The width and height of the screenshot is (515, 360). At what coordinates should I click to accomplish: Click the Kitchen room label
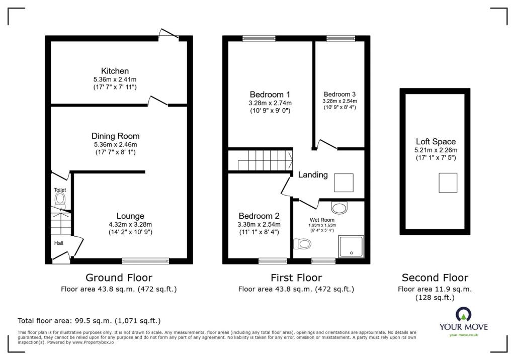pos(115,71)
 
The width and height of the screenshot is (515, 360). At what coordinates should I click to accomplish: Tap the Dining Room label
pos(115,136)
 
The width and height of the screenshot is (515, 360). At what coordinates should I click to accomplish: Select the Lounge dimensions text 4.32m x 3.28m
pos(130,225)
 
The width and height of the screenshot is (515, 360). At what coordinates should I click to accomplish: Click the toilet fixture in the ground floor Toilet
pos(60,200)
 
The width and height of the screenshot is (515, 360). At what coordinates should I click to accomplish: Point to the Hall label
pos(59,243)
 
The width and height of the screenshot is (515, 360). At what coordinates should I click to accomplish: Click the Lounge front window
pos(145,261)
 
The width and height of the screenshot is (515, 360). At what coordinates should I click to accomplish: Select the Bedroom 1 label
pos(270,95)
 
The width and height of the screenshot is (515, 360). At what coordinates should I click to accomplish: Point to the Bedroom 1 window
pos(259,38)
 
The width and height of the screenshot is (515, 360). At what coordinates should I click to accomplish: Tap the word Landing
pos(313,175)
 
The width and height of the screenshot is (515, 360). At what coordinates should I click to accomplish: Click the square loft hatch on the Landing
pos(344,183)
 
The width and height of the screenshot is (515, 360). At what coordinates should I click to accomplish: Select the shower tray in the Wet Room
pos(351,246)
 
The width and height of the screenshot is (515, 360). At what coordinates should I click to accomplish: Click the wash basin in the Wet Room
pos(339,207)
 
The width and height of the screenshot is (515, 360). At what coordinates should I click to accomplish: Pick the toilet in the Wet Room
pos(302,244)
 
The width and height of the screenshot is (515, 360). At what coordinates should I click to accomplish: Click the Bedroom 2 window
pos(273,261)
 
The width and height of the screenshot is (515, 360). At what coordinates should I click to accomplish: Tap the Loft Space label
pos(436,142)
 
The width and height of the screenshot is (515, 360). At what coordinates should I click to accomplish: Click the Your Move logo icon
pos(463,315)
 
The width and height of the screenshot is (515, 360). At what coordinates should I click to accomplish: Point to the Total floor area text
pos(89,321)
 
